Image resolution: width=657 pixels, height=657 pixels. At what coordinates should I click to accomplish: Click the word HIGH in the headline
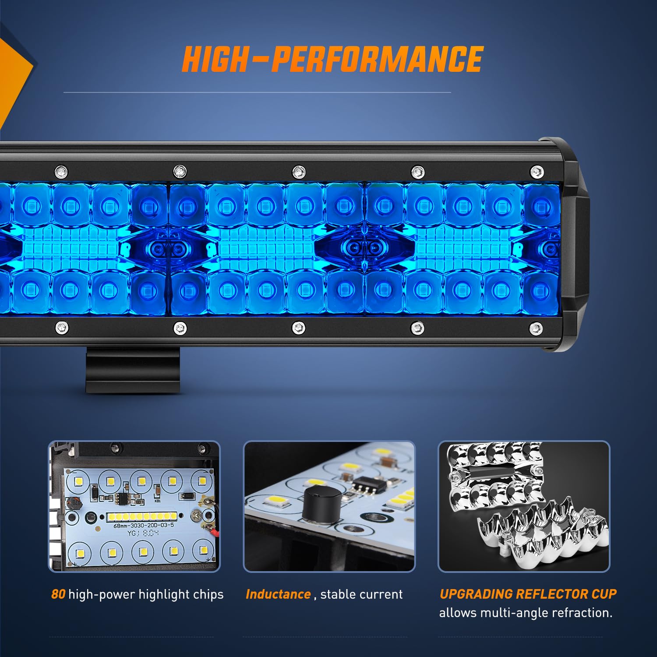pos(215,59)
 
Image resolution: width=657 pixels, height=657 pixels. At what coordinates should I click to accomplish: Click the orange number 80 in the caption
pos(58,594)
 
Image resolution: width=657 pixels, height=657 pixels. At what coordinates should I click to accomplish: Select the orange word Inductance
pos(278,594)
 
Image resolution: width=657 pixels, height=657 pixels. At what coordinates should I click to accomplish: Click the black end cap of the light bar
pos(569,245)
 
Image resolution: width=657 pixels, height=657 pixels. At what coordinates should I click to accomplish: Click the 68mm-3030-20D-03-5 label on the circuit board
pos(144,525)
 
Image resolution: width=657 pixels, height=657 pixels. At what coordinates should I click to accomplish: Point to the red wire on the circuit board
pos(214,532)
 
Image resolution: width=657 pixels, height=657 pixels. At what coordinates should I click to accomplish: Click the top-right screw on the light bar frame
pos(537,171)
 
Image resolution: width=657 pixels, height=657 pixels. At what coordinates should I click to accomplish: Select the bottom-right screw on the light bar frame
pos(536,328)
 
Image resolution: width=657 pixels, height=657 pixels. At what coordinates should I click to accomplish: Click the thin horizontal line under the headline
pos(257,92)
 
